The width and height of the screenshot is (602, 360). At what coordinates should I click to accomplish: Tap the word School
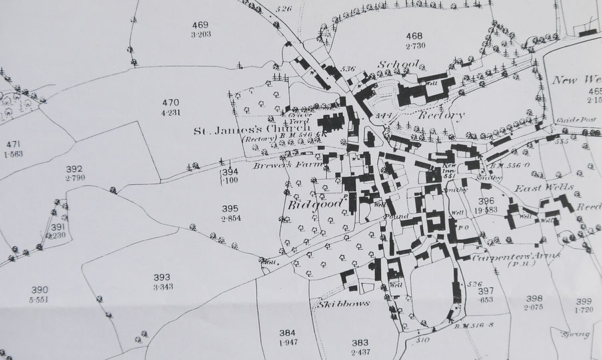(x=397, y=64)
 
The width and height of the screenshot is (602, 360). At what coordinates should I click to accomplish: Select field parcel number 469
(x=201, y=25)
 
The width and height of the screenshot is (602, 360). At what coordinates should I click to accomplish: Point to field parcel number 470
(x=171, y=103)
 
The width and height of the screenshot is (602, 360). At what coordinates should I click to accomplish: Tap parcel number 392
(x=75, y=169)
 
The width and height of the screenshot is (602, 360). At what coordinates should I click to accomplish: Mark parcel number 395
(x=230, y=209)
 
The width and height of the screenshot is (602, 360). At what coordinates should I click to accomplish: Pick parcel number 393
(x=162, y=277)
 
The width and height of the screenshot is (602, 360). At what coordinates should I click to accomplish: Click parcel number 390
(x=39, y=289)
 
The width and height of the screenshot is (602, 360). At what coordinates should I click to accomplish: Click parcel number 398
(x=534, y=298)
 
